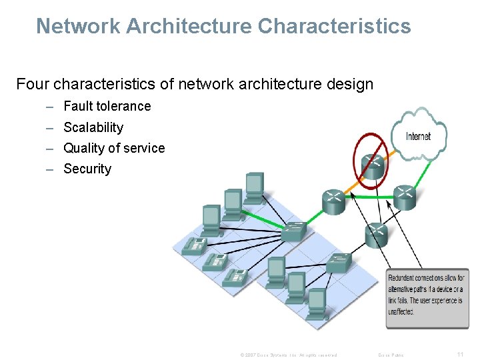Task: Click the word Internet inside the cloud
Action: pyautogui.click(x=418, y=136)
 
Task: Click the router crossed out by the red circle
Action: pyautogui.click(x=373, y=166)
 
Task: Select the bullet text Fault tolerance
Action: pyautogui.click(x=107, y=106)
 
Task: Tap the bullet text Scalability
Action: pyautogui.click(x=93, y=127)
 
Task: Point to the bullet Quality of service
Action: pyautogui.click(x=114, y=148)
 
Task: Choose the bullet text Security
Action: pyautogui.click(x=87, y=169)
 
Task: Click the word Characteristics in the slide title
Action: pyautogui.click(x=334, y=26)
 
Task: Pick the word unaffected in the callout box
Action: pyautogui.click(x=401, y=311)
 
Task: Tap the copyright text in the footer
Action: pyautogui.click(x=288, y=355)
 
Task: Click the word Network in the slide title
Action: pyautogui.click(x=77, y=26)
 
